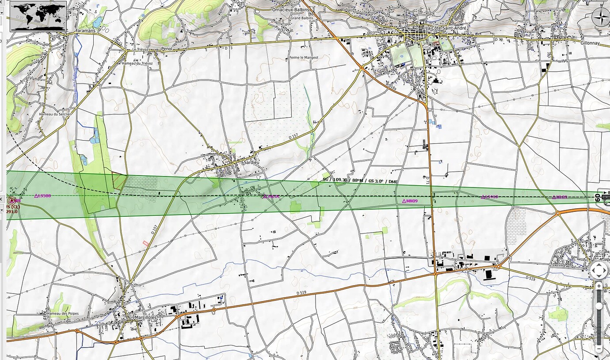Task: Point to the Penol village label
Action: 166,49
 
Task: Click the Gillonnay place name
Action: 590,43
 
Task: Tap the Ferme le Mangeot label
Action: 304,57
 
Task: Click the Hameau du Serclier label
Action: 55,114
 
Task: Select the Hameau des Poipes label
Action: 63,314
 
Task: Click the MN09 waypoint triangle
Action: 404,201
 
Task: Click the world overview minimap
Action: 38,16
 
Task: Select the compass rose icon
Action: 601,19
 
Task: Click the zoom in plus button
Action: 599,286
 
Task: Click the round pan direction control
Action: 599,270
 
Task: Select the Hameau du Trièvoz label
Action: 137,63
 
